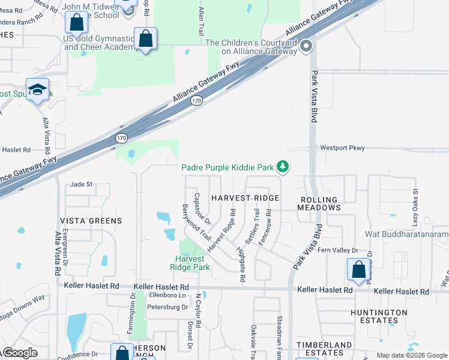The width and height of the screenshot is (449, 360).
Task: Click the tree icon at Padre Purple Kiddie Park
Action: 283,166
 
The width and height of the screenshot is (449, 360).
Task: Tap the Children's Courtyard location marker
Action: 306,46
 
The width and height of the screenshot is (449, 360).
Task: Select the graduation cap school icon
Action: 38,89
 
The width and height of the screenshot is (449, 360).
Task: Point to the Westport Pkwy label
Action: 342,148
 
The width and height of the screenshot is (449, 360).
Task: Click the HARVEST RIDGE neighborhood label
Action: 245,198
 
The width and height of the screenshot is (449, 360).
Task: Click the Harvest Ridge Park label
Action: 190,263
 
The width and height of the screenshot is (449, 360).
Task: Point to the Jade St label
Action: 82,184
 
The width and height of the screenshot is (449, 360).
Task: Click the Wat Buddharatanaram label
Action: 406,234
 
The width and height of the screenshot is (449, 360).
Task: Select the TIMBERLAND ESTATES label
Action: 324,349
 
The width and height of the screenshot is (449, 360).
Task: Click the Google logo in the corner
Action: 19,353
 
